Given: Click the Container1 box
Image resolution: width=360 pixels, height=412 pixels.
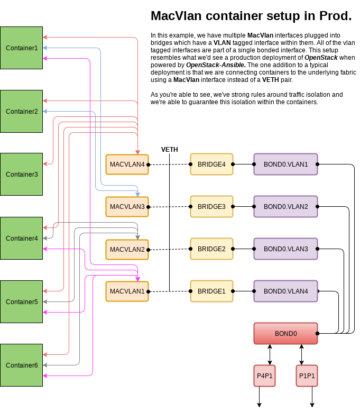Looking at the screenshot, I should point(22,48).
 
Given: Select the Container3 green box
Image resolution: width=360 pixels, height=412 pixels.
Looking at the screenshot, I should point(22,175).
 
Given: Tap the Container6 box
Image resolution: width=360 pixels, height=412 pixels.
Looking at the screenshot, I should point(22,365).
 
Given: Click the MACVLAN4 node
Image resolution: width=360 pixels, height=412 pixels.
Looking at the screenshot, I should point(127,164).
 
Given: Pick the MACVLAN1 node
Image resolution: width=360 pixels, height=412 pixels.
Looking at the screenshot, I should point(127,291).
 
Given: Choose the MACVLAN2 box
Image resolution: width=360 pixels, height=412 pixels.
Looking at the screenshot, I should point(127,249).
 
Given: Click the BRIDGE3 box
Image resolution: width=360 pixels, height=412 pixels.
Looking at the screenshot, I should point(211,207).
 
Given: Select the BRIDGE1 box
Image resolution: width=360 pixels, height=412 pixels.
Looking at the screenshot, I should point(211,291).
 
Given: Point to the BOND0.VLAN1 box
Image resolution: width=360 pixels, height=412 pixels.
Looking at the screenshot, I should point(285,164).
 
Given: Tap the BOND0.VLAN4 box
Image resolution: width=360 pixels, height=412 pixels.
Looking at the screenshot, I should point(285,291).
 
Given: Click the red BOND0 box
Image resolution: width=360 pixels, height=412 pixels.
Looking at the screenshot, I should point(285,334).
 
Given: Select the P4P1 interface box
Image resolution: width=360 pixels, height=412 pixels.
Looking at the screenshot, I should point(264,376).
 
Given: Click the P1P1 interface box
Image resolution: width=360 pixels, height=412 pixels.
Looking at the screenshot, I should point(307,376).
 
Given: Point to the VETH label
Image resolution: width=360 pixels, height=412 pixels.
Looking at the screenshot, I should point(169,150).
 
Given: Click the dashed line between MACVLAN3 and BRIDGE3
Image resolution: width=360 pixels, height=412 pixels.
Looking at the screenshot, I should point(169,207).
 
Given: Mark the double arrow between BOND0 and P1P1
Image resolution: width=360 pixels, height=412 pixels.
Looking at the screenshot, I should point(302,354).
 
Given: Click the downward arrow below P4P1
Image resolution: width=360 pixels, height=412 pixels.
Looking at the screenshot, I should point(260,397).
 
